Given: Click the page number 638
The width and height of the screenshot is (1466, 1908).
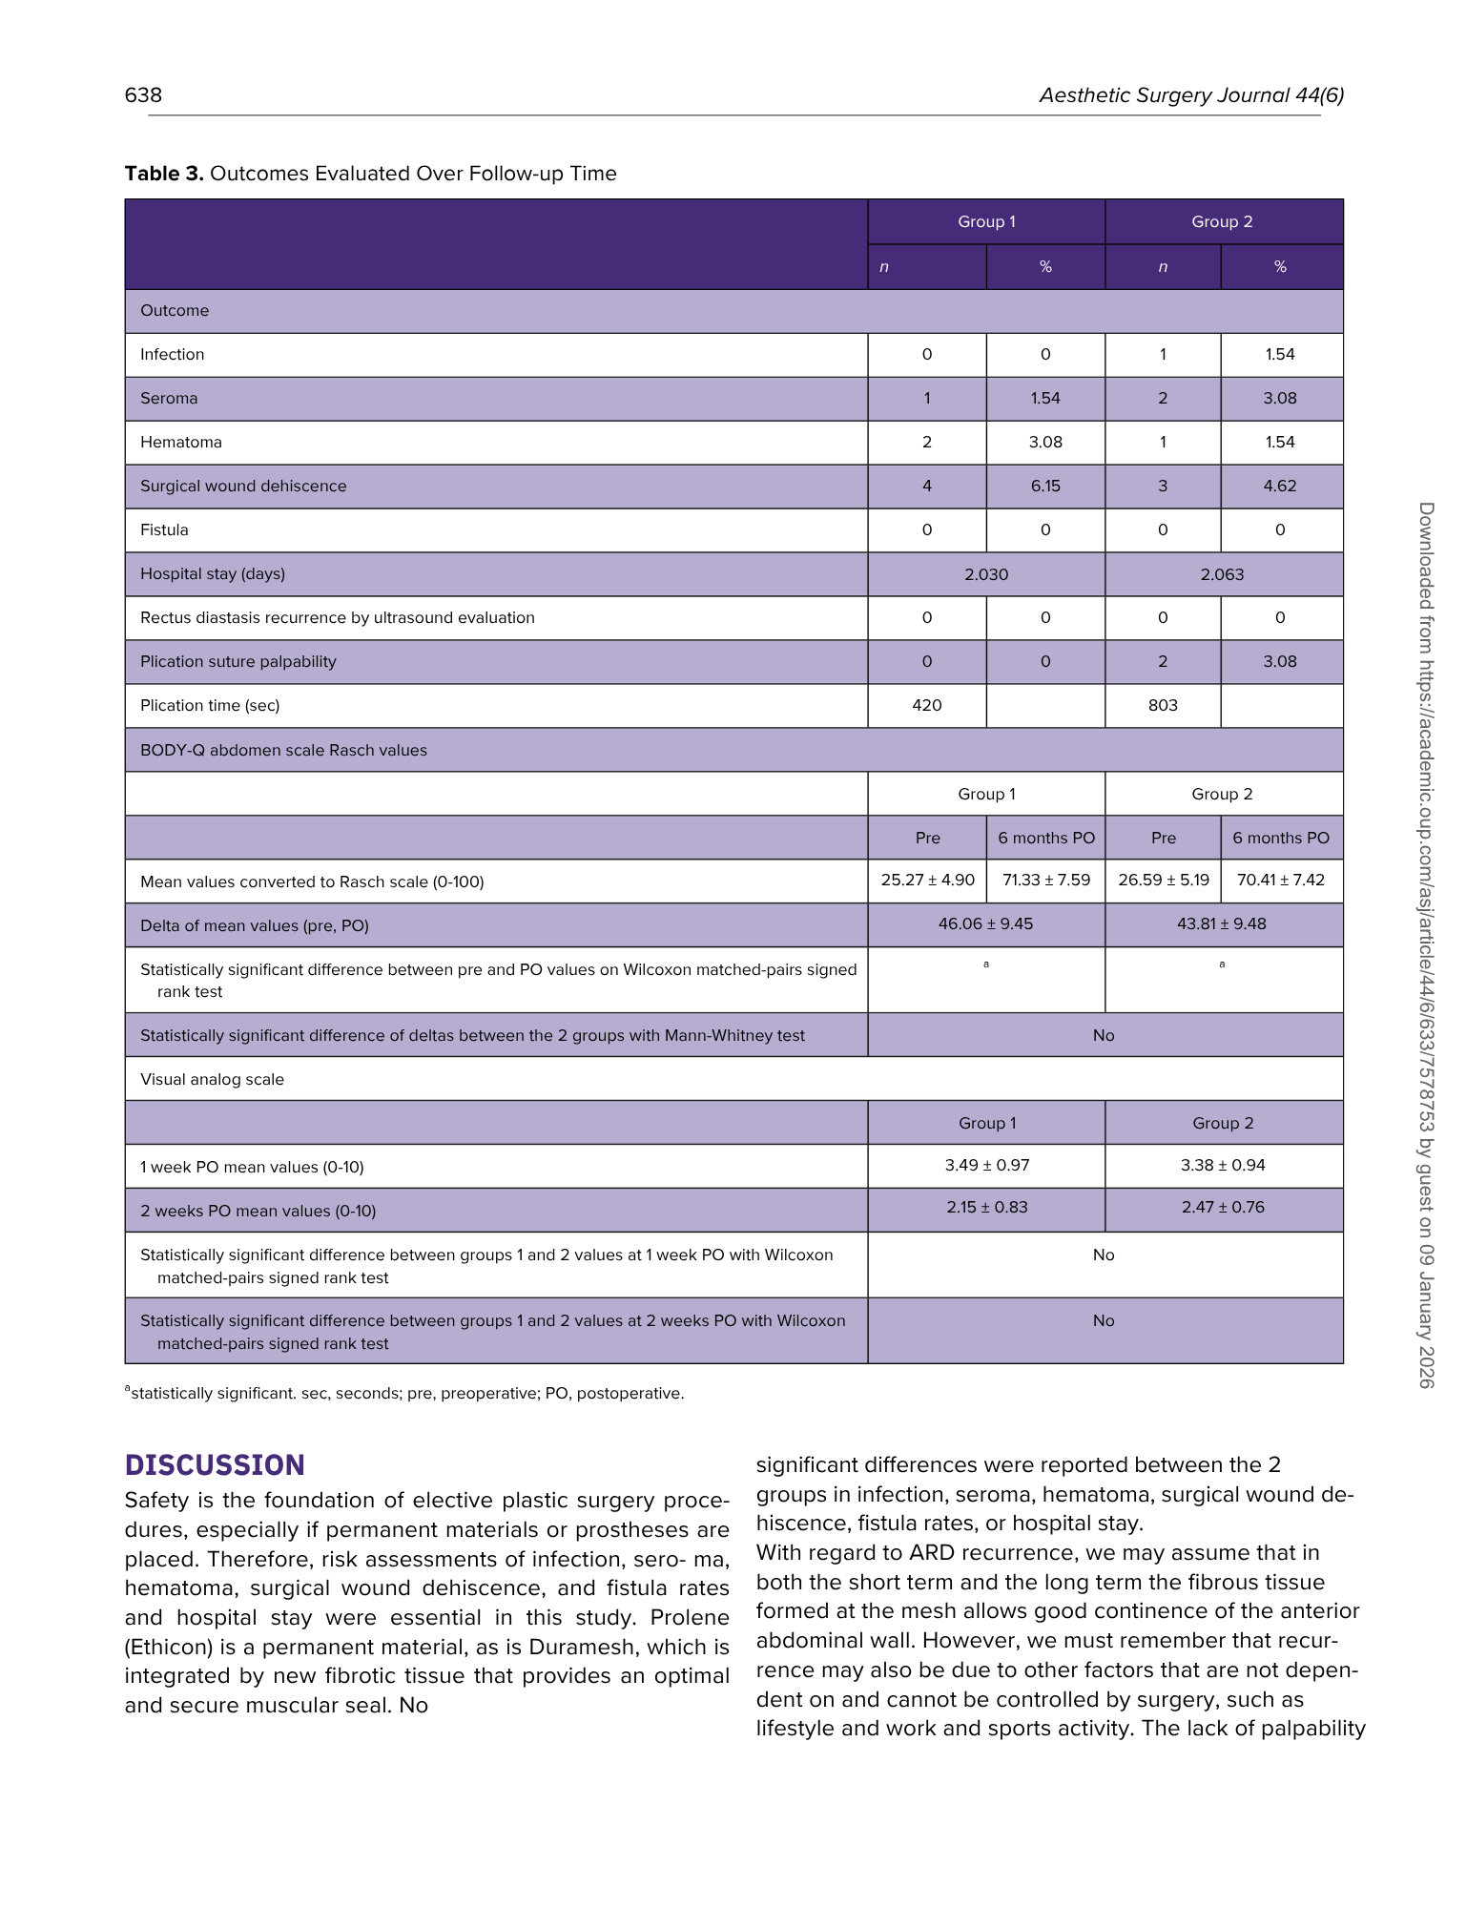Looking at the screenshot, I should pos(143,94).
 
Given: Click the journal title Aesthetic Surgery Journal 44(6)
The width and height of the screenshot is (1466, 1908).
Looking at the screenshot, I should pos(1191,95).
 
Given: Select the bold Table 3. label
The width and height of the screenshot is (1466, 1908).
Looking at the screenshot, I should pos(164,174).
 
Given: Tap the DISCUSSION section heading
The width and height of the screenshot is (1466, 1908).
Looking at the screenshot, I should pos(215,1464).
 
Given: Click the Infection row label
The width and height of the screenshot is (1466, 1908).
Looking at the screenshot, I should pos(172,354).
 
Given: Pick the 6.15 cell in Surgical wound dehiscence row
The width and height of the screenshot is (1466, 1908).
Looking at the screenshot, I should pos(1045,486).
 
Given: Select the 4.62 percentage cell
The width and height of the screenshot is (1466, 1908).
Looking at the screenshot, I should pos(1280,486).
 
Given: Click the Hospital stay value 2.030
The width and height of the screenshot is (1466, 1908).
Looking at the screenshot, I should pos(986,574).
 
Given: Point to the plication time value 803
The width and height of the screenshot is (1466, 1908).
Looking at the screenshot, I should pos(1163,705).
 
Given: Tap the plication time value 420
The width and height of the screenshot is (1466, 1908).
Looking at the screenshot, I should pos(926,705).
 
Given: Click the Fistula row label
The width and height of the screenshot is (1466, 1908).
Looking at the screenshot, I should pos(164,529).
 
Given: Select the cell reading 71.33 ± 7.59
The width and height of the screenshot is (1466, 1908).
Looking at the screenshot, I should pos(1045,880).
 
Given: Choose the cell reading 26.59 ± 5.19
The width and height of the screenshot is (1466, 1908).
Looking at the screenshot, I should pos(1163,880).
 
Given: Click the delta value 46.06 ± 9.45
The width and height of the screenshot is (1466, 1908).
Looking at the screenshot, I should pos(985,923).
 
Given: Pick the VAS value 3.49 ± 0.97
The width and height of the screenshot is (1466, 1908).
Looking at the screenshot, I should pos(986,1165).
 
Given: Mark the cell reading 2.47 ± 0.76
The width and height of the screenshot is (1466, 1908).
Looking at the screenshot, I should pos(1223,1207).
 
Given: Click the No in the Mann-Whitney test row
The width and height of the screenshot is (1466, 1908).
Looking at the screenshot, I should pos(1104,1035).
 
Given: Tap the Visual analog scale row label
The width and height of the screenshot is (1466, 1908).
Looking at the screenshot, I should pos(212,1079).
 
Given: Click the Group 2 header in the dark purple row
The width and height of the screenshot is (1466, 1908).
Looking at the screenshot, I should pos(1222,221).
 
